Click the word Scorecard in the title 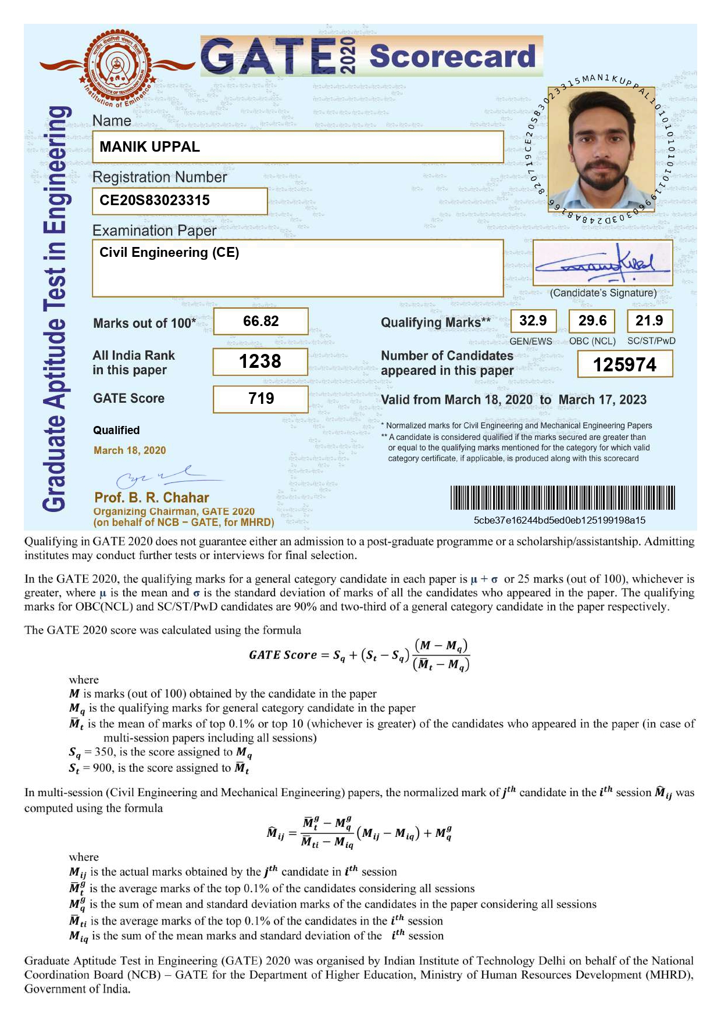pyautogui.click(x=452, y=56)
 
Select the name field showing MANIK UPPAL pyautogui.click(x=149, y=146)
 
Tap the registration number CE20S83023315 pyautogui.click(x=155, y=200)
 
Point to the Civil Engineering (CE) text pyautogui.click(x=169, y=252)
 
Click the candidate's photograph pyautogui.click(x=601, y=149)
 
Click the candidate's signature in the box pyautogui.click(x=602, y=263)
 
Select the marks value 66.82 pyautogui.click(x=260, y=321)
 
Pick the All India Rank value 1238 pyautogui.click(x=260, y=361)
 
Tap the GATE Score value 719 pyautogui.click(x=260, y=399)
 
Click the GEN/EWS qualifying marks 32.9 pyautogui.click(x=533, y=321)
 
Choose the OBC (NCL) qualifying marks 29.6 pyautogui.click(x=592, y=321)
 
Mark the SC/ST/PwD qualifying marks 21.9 pyautogui.click(x=649, y=321)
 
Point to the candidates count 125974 pyautogui.click(x=624, y=365)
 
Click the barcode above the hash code pyautogui.click(x=562, y=497)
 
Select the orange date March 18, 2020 pyautogui.click(x=130, y=450)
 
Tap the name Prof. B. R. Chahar pyautogui.click(x=151, y=497)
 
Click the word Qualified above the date pyautogui.click(x=116, y=430)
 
